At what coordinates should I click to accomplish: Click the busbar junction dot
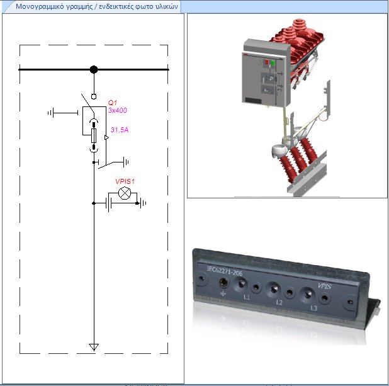click(x=94, y=69)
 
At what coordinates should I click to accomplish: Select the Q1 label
click(x=112, y=103)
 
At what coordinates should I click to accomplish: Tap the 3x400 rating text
click(x=118, y=110)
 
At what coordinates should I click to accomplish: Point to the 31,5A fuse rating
click(x=120, y=130)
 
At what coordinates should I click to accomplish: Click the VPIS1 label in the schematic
click(x=125, y=181)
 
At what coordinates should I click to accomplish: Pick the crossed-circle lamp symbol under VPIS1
click(x=125, y=193)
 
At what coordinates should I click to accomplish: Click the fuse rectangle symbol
click(x=94, y=135)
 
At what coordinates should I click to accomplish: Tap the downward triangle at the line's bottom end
click(x=94, y=347)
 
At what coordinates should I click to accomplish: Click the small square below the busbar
click(x=94, y=97)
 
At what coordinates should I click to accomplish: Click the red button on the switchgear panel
click(x=266, y=62)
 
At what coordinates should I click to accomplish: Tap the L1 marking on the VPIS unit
click(x=247, y=295)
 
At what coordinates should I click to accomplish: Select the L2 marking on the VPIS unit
click(x=279, y=302)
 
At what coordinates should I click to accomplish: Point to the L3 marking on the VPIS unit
click(x=313, y=308)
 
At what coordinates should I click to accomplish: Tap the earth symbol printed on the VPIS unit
click(x=223, y=293)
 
